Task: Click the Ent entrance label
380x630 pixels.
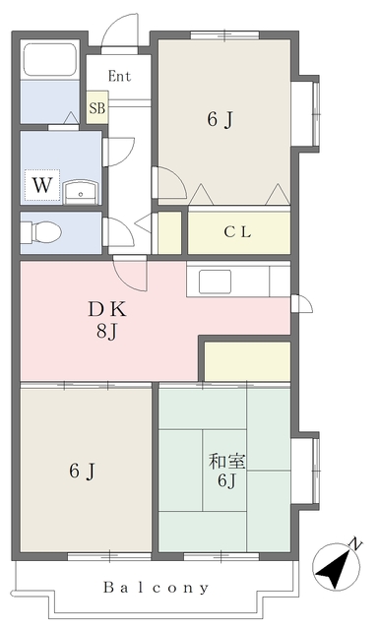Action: tap(119, 76)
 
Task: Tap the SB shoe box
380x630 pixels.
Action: tap(97, 107)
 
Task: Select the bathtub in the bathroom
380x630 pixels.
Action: tap(50, 59)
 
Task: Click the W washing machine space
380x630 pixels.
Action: tap(42, 185)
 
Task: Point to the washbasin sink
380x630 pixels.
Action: tap(81, 192)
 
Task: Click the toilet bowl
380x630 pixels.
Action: tap(40, 232)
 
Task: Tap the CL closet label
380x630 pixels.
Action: tap(237, 232)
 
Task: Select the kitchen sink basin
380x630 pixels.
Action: tap(215, 282)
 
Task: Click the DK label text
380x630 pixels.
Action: tap(107, 309)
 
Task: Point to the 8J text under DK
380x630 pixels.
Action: tap(106, 332)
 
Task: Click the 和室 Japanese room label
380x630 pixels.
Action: tap(227, 462)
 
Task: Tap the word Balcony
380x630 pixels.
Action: tap(157, 588)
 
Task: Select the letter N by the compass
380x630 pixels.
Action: tap(355, 544)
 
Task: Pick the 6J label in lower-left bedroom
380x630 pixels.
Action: tap(82, 471)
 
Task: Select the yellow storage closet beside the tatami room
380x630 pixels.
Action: tap(247, 361)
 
